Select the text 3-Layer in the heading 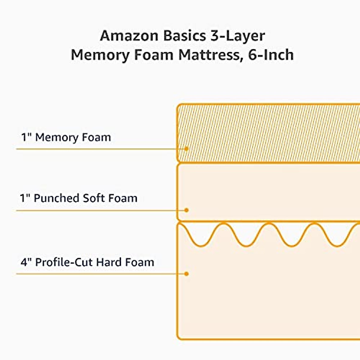point(235,36)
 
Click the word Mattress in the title point(210,55)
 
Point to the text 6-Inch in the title point(271,55)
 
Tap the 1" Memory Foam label point(66,137)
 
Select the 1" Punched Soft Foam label point(79,198)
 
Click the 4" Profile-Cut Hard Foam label point(87,262)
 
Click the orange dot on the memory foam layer point(186,149)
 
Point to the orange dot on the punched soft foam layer point(186,210)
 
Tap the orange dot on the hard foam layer point(186,274)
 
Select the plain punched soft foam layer point(270,192)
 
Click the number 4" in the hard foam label point(26,262)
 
